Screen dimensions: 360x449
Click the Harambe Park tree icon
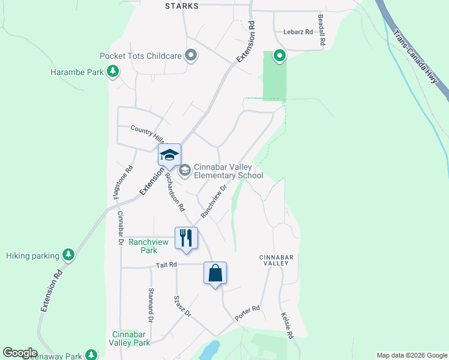[112, 72]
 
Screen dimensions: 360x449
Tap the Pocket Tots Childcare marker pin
[191, 56]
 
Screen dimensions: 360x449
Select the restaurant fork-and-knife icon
[186, 238]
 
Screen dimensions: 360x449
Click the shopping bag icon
[215, 273]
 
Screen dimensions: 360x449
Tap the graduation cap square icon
[169, 155]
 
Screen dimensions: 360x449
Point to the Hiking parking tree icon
[69, 255]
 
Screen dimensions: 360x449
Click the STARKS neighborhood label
[182, 5]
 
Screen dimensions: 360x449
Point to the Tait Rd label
[166, 264]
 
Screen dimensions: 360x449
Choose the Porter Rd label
[247, 313]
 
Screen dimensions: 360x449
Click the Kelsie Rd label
[287, 326]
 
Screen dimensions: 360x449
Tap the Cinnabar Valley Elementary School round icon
[185, 171]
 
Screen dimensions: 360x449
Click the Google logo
[20, 353]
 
